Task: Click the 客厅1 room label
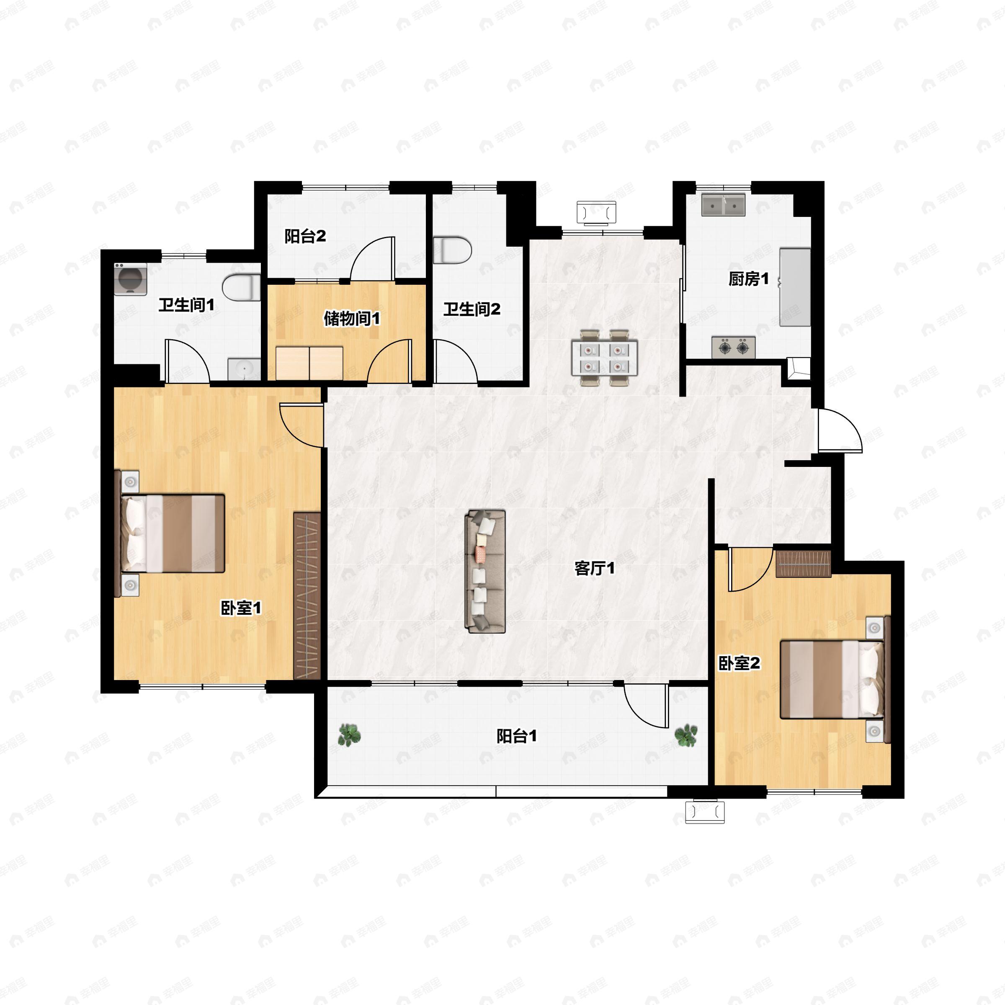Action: [x=595, y=568]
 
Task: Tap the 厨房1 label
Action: [x=749, y=279]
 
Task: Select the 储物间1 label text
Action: [x=352, y=318]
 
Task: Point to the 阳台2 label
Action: [x=305, y=236]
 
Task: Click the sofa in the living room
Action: [x=485, y=571]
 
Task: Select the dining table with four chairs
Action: [x=604, y=357]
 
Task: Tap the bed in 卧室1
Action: [x=170, y=533]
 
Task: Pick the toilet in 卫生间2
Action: [x=452, y=250]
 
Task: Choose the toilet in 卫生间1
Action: [x=241, y=288]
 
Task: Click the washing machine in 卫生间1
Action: [x=130, y=279]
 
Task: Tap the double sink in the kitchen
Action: [x=723, y=204]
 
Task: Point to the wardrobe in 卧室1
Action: [x=307, y=595]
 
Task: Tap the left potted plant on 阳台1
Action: [x=349, y=735]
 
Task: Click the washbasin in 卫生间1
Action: [x=244, y=369]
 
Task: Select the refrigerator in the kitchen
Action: [x=795, y=287]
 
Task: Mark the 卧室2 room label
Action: [x=739, y=663]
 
